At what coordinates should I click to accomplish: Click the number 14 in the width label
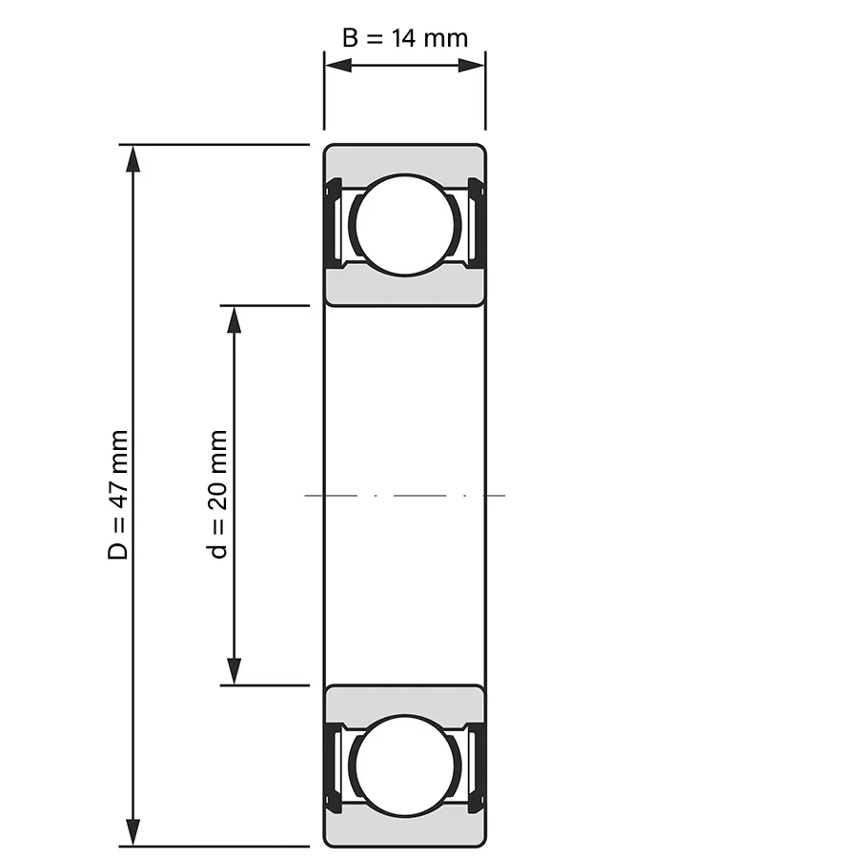coord(403,38)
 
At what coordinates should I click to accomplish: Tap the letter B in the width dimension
coord(350,38)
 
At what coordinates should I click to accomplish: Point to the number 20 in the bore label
coord(217,497)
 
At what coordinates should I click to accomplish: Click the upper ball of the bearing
coord(405,225)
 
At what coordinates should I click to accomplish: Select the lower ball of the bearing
coord(405,766)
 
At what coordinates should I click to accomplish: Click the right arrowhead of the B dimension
coord(471,66)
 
